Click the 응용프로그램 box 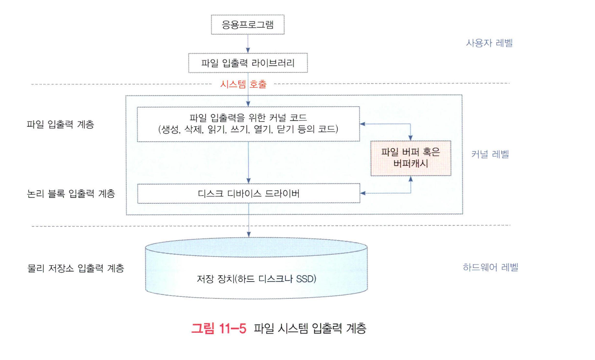248,25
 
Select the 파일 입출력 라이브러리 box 248,63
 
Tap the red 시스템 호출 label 243,84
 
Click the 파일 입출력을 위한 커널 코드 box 248,124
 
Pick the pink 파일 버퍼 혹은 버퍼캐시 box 411,158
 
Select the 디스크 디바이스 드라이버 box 248,193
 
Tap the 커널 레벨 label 490,155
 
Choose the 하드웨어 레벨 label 490,268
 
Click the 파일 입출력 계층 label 61,125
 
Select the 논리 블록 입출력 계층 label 71,194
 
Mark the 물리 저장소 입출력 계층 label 75,268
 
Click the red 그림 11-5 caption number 219,329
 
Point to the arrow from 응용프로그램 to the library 248,44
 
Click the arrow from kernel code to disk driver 248,163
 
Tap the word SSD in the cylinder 306,280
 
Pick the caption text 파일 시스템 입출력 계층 310,330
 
